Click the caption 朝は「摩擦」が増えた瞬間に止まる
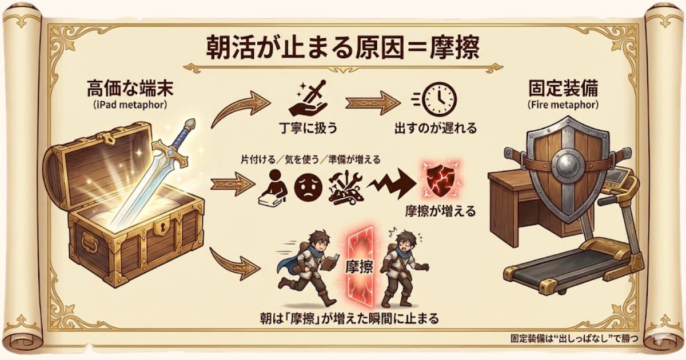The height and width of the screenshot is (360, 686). pos(350,319)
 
